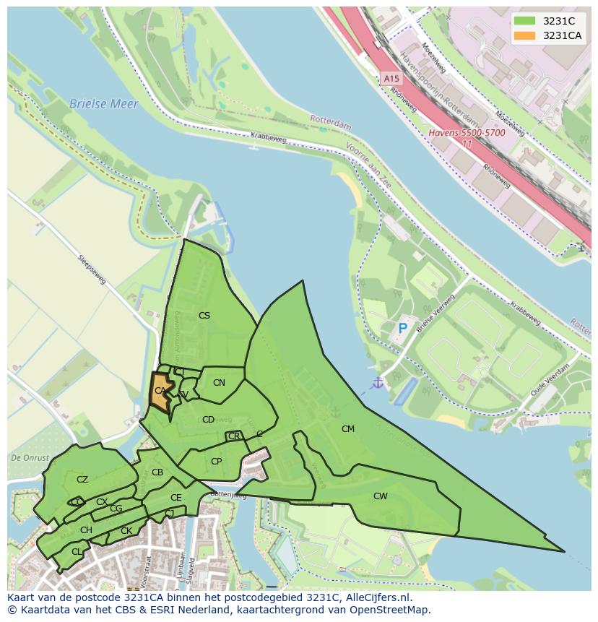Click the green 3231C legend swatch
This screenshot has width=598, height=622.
[525, 21]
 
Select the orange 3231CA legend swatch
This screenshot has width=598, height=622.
[525, 35]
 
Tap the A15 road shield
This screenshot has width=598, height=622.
[391, 78]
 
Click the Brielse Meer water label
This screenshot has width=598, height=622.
[103, 104]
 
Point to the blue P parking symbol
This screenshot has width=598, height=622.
[403, 329]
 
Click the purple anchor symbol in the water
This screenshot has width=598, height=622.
[377, 382]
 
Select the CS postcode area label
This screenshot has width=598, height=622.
[204, 315]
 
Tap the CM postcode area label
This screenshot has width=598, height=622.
[348, 428]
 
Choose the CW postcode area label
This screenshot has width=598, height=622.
[381, 496]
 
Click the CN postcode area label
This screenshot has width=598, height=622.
[219, 382]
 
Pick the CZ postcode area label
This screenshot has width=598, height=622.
[82, 479]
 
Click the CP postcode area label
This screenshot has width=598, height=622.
[216, 461]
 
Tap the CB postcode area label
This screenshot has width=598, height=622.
[157, 472]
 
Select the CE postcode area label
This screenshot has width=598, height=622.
[176, 497]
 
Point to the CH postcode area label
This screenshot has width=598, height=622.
[86, 530]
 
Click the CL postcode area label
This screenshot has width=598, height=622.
[77, 551]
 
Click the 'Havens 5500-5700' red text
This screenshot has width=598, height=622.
[467, 133]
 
